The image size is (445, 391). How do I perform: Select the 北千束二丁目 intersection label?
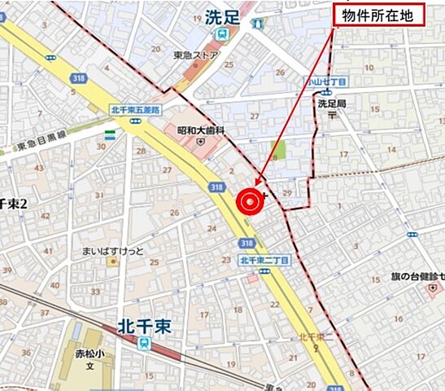coord(265,261)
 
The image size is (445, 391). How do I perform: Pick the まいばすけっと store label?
coord(119,251)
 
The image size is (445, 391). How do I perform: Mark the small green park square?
coord(277,151)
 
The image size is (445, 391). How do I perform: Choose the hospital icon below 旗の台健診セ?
coord(434,288)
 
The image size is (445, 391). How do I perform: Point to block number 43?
coord(40,168)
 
